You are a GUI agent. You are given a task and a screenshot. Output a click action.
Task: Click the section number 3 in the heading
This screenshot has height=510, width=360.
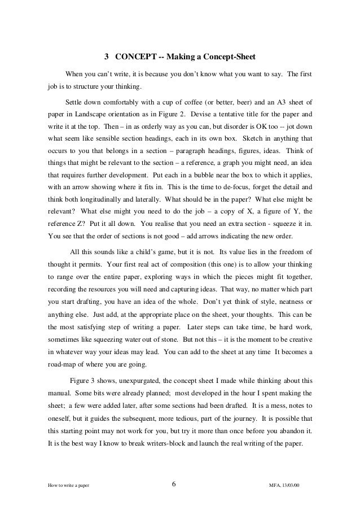[x=107, y=57]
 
